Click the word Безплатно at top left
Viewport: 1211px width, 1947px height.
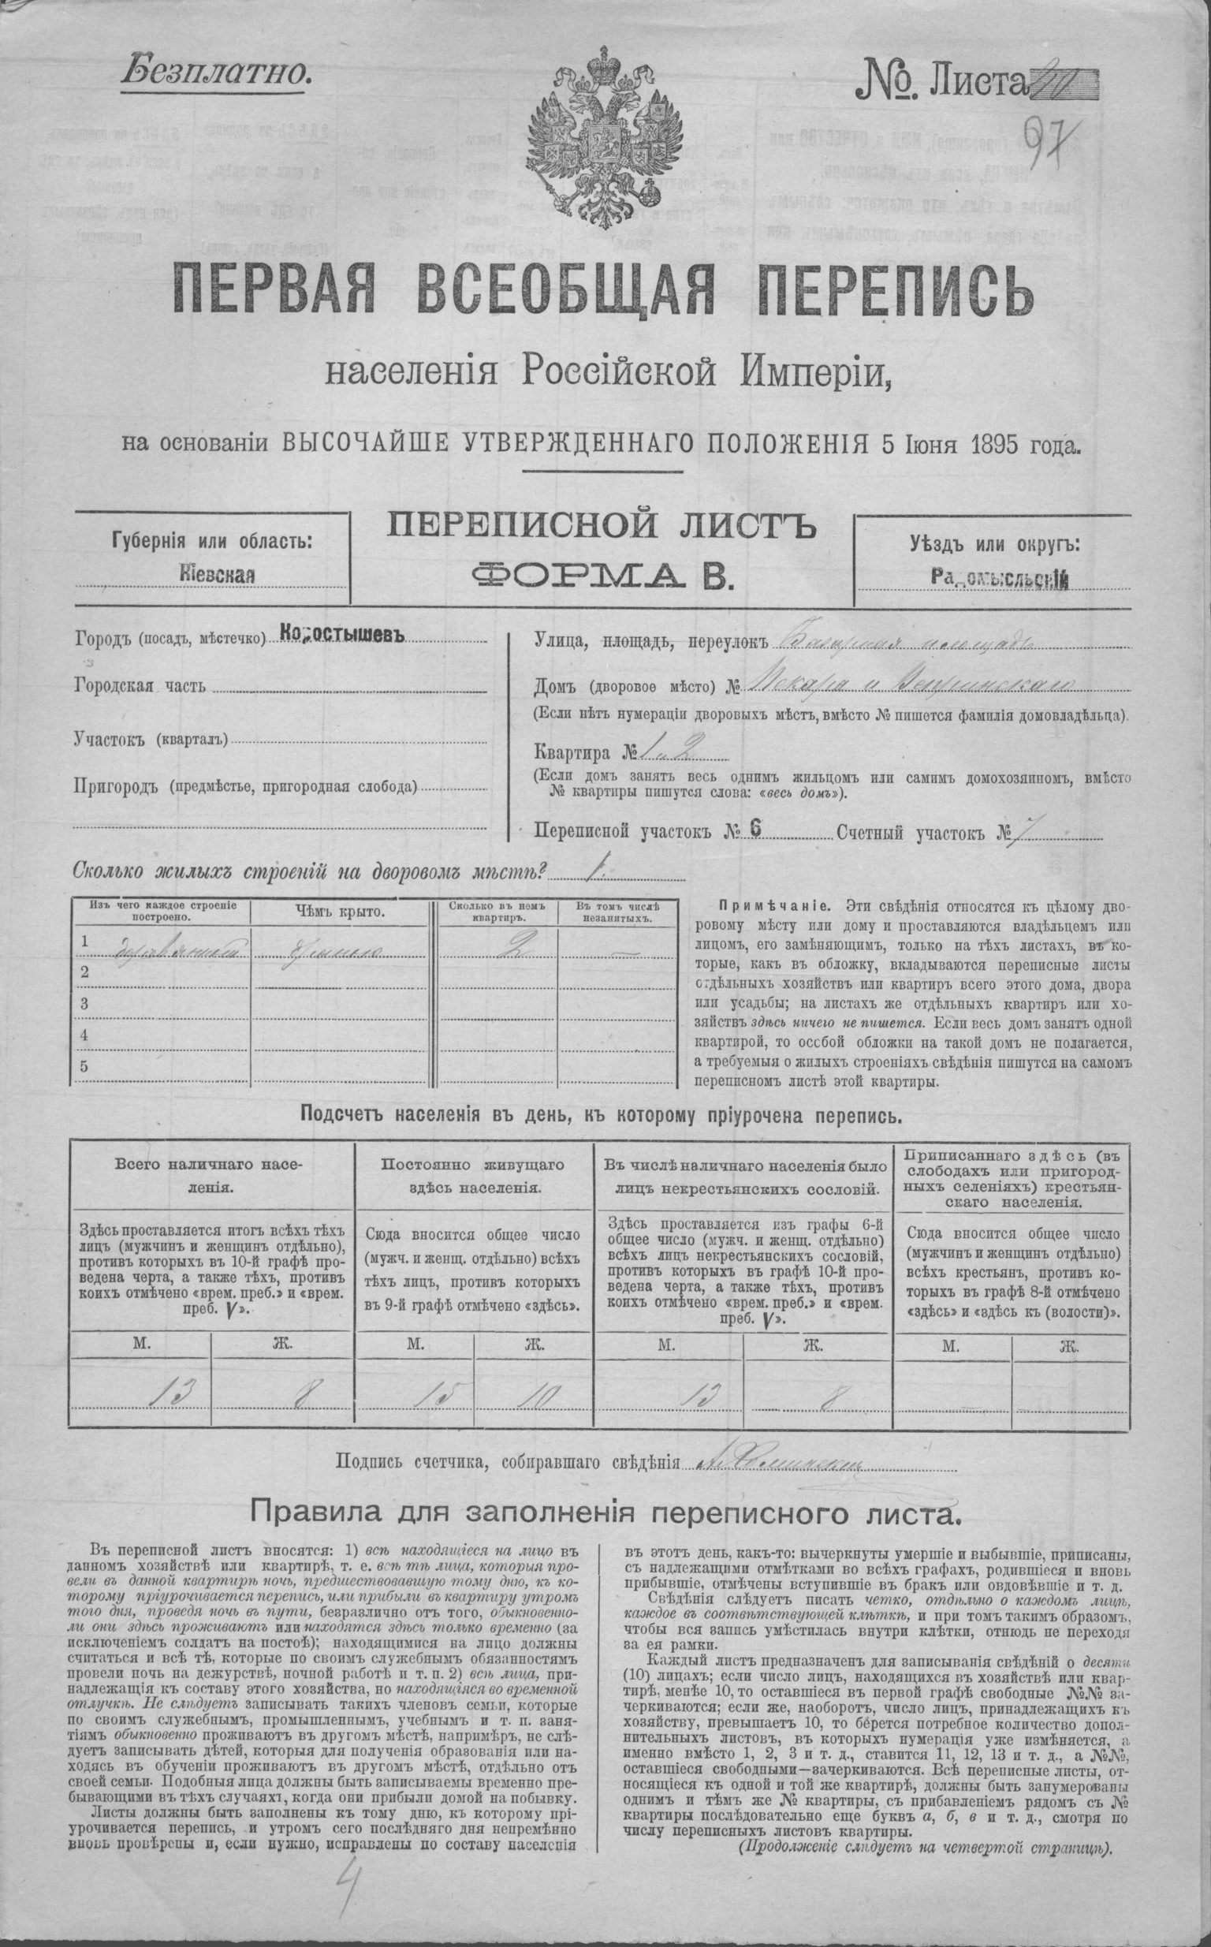click(x=215, y=73)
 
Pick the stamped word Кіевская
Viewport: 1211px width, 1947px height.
click(x=213, y=575)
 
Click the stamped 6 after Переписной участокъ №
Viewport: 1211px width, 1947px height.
click(x=755, y=830)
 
